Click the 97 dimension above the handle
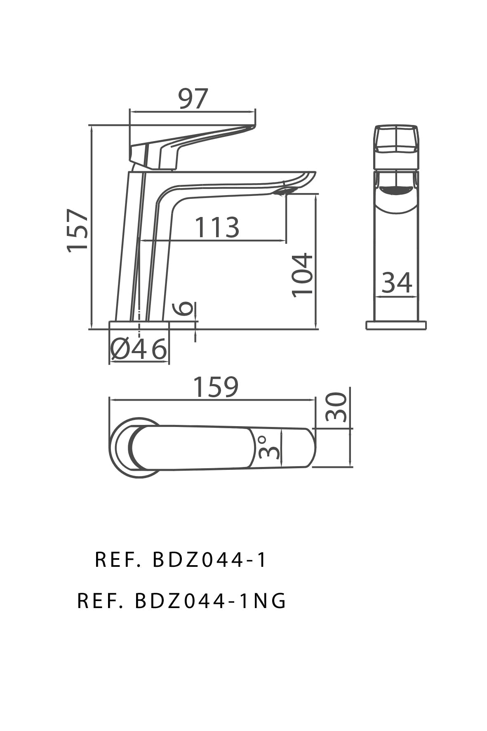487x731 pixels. [193, 99]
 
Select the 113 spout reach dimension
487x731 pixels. [216, 227]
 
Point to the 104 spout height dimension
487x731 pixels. [303, 275]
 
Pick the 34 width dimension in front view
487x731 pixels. [397, 283]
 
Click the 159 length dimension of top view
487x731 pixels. [216, 387]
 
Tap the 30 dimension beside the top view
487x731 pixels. [336, 407]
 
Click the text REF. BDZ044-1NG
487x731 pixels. [181, 601]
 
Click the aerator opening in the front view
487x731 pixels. [396, 191]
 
